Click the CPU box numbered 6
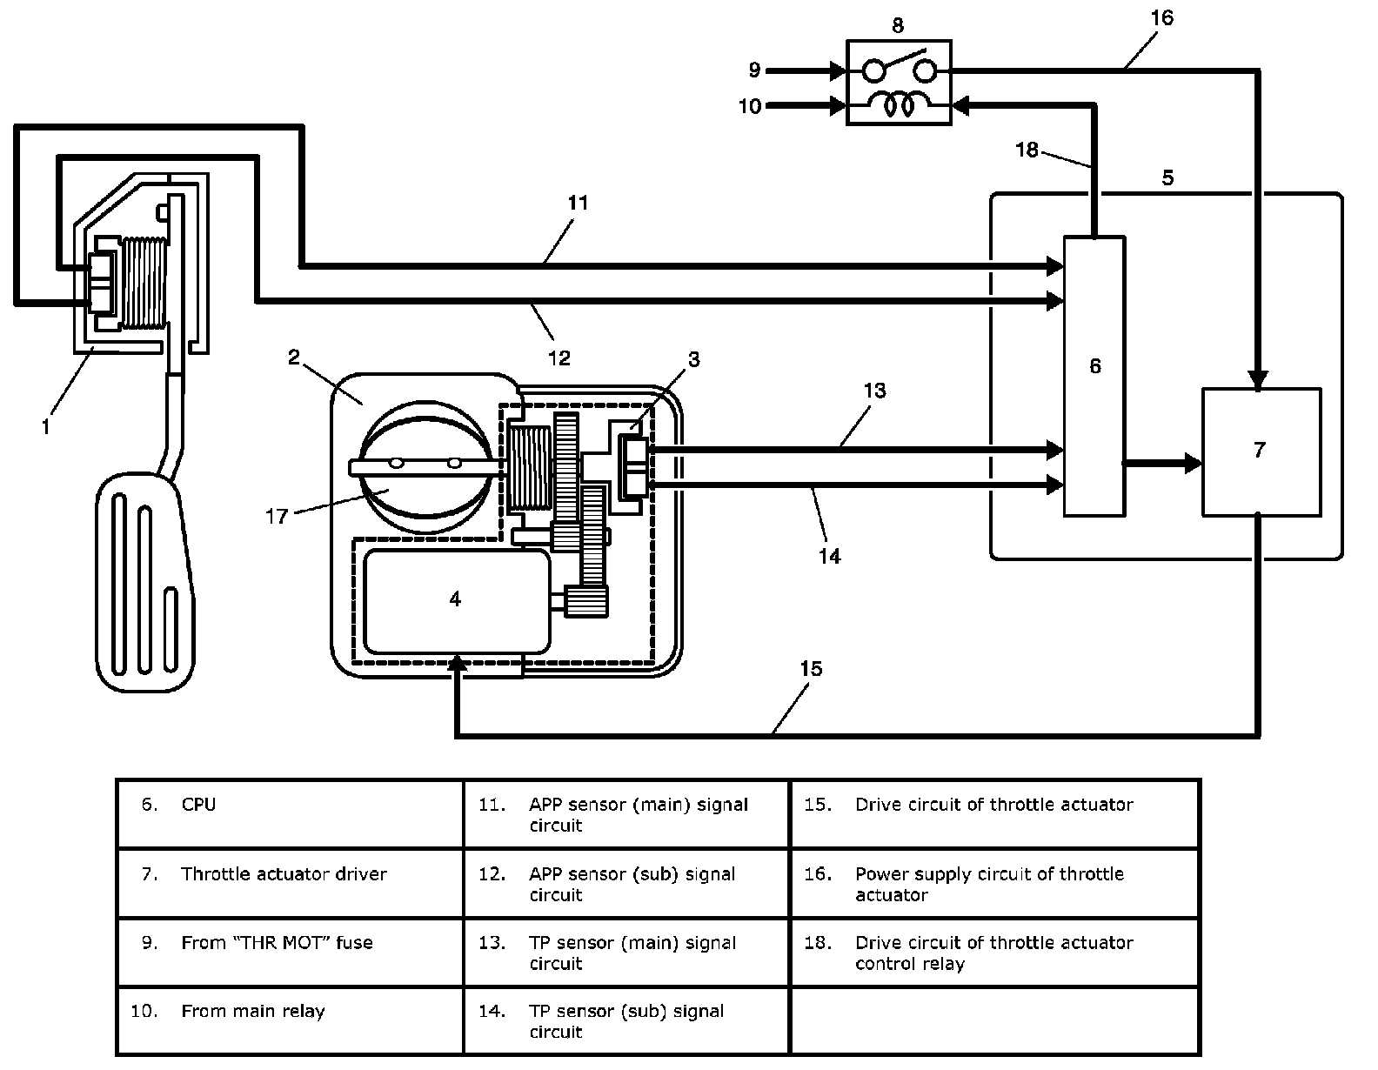tap(1094, 377)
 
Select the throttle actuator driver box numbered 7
tap(1261, 452)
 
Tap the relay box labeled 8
tap(899, 83)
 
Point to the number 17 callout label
tap(277, 517)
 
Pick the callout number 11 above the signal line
tap(578, 203)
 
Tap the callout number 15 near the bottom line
tap(811, 668)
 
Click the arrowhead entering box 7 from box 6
tap(1193, 464)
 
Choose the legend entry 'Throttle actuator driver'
tap(284, 874)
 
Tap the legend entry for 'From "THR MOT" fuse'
tap(277, 943)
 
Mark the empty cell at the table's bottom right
tap(995, 1020)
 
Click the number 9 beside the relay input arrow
tap(754, 70)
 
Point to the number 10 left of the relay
tap(750, 106)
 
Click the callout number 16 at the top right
tap(1161, 17)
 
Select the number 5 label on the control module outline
tap(1167, 177)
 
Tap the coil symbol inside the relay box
tap(899, 104)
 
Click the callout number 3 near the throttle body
tap(693, 359)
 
